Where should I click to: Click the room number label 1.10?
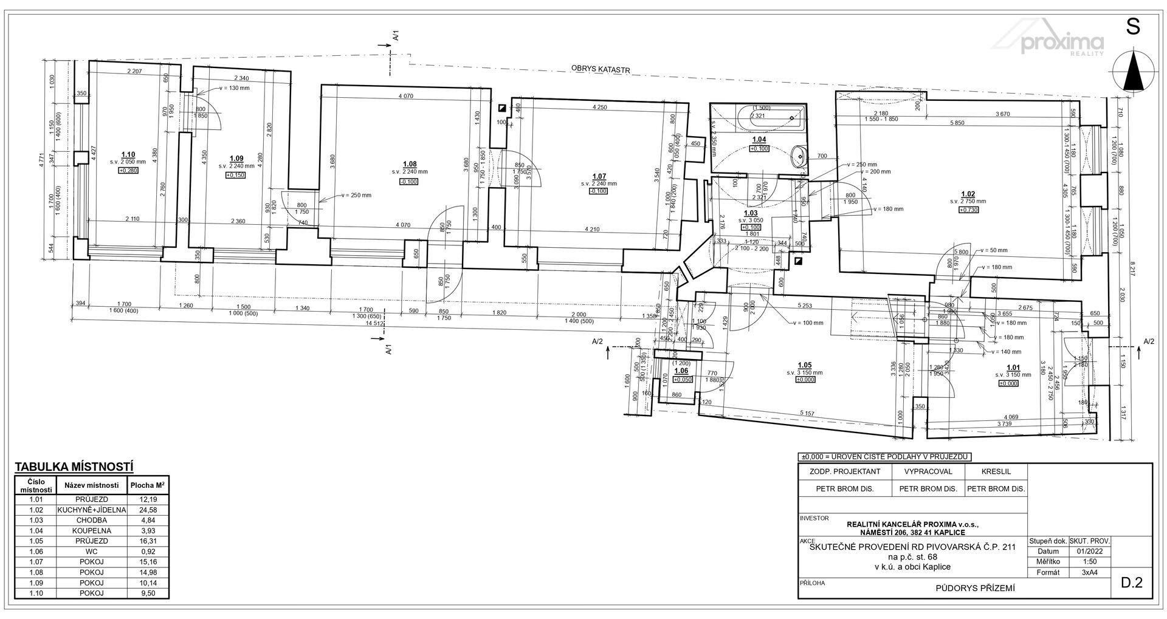click(x=128, y=155)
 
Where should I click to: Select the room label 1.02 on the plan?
click(x=968, y=194)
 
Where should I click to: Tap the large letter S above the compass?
click(x=1132, y=27)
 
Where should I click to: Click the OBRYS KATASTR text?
click(x=599, y=69)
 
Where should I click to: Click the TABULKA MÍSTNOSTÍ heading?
click(x=74, y=467)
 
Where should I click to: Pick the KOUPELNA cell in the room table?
click(x=91, y=530)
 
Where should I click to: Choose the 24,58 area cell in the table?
click(x=148, y=510)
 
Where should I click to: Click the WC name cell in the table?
click(x=91, y=552)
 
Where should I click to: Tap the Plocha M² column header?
click(x=148, y=485)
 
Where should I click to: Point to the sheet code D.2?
click(x=1132, y=583)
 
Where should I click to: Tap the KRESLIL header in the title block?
click(x=996, y=471)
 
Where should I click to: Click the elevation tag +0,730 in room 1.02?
click(x=968, y=210)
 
